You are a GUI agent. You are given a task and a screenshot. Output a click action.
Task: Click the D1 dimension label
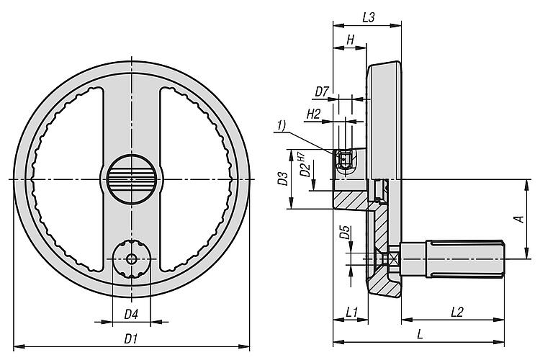(131, 338)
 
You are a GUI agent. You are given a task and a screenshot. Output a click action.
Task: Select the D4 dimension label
(131, 314)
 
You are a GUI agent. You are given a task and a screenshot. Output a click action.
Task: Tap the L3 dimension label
(367, 17)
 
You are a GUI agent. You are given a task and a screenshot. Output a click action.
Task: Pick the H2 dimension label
(314, 114)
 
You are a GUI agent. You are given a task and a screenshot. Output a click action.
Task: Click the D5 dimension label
(345, 233)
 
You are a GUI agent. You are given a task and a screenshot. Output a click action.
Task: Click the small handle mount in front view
(132, 259)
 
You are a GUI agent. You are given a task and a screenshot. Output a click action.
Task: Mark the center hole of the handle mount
(132, 259)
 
